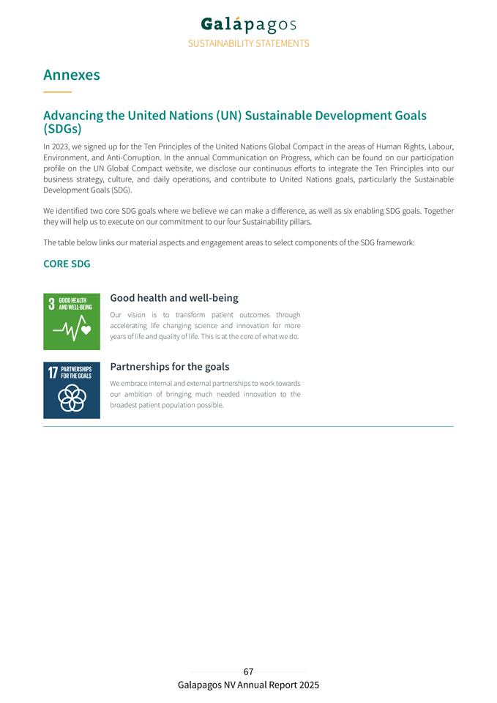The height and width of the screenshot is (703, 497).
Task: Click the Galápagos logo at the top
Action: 248,25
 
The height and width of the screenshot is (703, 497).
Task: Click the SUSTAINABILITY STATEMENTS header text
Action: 248,43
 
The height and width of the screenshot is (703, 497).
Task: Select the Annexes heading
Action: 72,75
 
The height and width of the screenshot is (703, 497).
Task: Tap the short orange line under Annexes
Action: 57,92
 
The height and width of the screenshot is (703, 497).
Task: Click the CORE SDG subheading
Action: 67,264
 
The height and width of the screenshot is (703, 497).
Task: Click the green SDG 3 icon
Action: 72,321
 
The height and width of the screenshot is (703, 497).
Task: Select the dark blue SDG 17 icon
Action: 72,390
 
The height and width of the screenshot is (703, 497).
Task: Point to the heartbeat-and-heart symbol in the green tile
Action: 72,330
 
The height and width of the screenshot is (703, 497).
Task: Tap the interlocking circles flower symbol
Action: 72,398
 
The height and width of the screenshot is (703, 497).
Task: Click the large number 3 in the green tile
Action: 52,304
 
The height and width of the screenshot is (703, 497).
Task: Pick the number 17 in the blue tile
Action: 53,373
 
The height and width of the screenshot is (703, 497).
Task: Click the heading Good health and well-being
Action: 173,298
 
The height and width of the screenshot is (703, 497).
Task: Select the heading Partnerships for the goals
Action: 169,366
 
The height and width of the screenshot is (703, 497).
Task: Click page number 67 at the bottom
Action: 248,672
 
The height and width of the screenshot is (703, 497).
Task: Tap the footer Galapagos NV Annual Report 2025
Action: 248,685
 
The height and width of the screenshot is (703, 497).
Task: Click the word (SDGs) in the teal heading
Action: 62,129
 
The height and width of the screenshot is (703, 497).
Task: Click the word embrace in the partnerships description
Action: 135,383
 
